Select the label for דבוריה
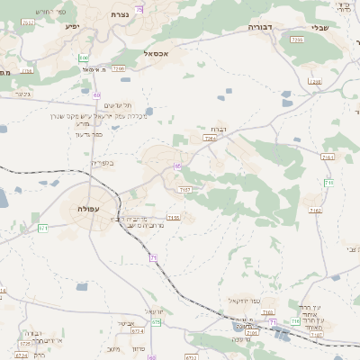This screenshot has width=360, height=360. click(x=266, y=27)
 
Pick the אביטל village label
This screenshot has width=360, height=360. click(x=126, y=322)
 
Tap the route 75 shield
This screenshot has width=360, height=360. click(x=139, y=9)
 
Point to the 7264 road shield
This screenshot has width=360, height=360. click(x=211, y=139)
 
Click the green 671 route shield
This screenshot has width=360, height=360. click(x=43, y=228)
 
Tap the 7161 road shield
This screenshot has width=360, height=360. click(x=327, y=157)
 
